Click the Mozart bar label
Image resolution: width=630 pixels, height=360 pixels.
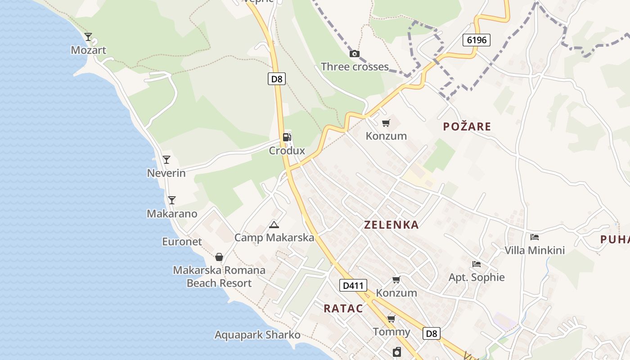[88, 50]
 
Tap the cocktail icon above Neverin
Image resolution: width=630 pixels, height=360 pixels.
[166, 159]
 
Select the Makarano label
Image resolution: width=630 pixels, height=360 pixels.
[172, 214]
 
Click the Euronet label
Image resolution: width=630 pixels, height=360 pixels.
[182, 242]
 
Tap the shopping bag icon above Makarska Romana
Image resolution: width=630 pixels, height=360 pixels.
[219, 257]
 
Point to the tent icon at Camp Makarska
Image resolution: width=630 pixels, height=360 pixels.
[274, 225]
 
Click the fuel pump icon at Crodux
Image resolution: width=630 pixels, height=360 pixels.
[287, 137]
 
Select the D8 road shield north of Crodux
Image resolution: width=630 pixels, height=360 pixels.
[277, 79]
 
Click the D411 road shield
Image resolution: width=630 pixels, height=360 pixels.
[353, 285]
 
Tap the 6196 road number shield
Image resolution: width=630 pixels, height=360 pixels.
[477, 40]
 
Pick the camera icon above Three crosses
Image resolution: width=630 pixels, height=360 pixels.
[355, 54]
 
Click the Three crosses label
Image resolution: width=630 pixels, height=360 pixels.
[355, 67]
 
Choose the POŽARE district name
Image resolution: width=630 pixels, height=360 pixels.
[467, 126]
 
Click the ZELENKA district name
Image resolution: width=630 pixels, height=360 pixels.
[391, 225]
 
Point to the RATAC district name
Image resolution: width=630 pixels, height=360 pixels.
[343, 308]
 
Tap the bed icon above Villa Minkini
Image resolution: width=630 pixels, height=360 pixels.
[535, 237]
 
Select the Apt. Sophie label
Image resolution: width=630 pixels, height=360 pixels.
[477, 277]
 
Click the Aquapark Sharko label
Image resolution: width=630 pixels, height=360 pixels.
[257, 335]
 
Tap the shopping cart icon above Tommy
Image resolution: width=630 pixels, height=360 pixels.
[391, 319]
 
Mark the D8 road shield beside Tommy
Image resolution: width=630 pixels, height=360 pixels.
[431, 333]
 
